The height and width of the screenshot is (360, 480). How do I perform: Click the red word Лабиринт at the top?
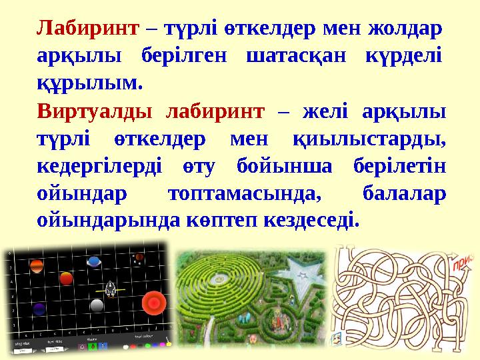click(87, 29)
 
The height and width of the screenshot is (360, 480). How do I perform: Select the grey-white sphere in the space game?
click(97, 305)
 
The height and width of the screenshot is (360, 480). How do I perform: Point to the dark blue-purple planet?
click(39, 309)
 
